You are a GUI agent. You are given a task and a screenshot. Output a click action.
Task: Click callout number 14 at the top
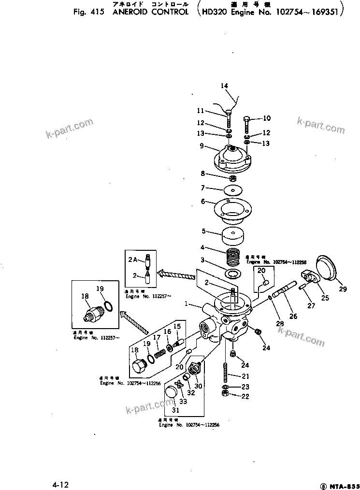point(224,86)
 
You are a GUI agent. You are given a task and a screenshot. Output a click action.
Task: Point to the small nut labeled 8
point(232,179)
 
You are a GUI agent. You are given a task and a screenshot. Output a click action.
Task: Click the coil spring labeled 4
point(233,256)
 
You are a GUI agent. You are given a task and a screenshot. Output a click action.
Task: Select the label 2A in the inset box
point(133,259)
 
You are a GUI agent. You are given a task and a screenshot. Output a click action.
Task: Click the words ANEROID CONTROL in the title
point(150,11)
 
